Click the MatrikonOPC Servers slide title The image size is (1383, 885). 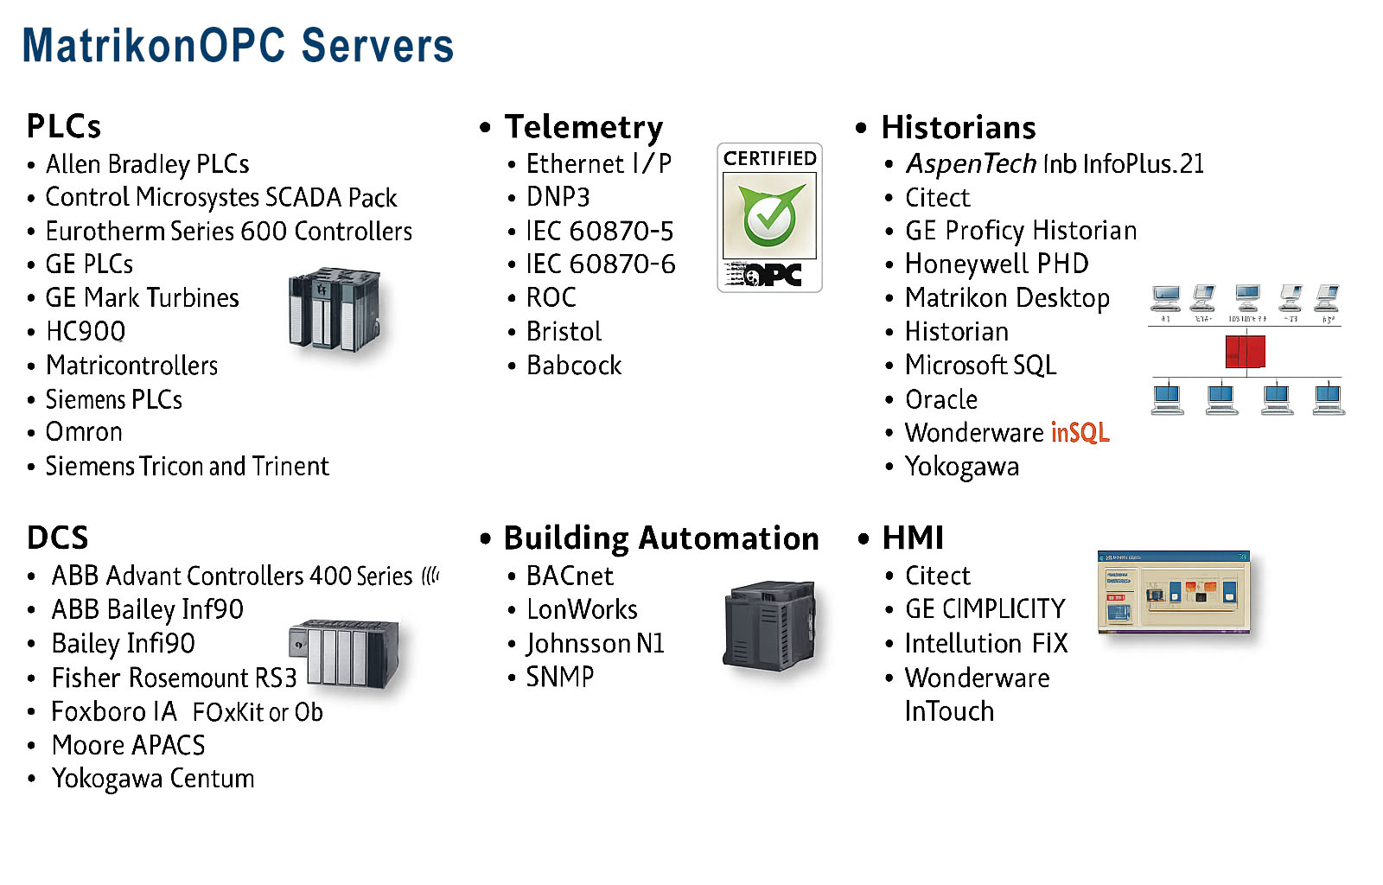pyautogui.click(x=238, y=46)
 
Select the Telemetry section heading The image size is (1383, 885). pyautogui.click(x=583, y=127)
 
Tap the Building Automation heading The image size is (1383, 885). pyautogui.click(x=660, y=538)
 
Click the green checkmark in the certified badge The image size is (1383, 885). pyautogui.click(x=769, y=214)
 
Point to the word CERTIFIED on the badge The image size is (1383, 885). pyautogui.click(x=769, y=158)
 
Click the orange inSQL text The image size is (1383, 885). pyautogui.click(x=1080, y=432)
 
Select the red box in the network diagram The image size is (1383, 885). pyautogui.click(x=1245, y=352)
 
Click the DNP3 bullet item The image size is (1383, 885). pyautogui.click(x=558, y=197)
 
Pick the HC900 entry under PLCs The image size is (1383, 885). pyautogui.click(x=86, y=331)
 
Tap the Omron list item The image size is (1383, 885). pyautogui.click(x=84, y=432)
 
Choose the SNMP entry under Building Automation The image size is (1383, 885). pyautogui.click(x=560, y=677)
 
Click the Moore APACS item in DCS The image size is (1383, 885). pyautogui.click(x=129, y=745)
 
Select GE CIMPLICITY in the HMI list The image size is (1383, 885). pyautogui.click(x=985, y=609)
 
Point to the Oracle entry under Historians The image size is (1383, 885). pyautogui.click(x=940, y=399)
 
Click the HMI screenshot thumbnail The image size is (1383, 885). pyautogui.click(x=1173, y=592)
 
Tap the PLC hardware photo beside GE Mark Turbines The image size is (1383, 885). pyautogui.click(x=335, y=309)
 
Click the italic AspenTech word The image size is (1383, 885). pyautogui.click(x=970, y=163)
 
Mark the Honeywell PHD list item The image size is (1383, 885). pyautogui.click(x=996, y=264)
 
